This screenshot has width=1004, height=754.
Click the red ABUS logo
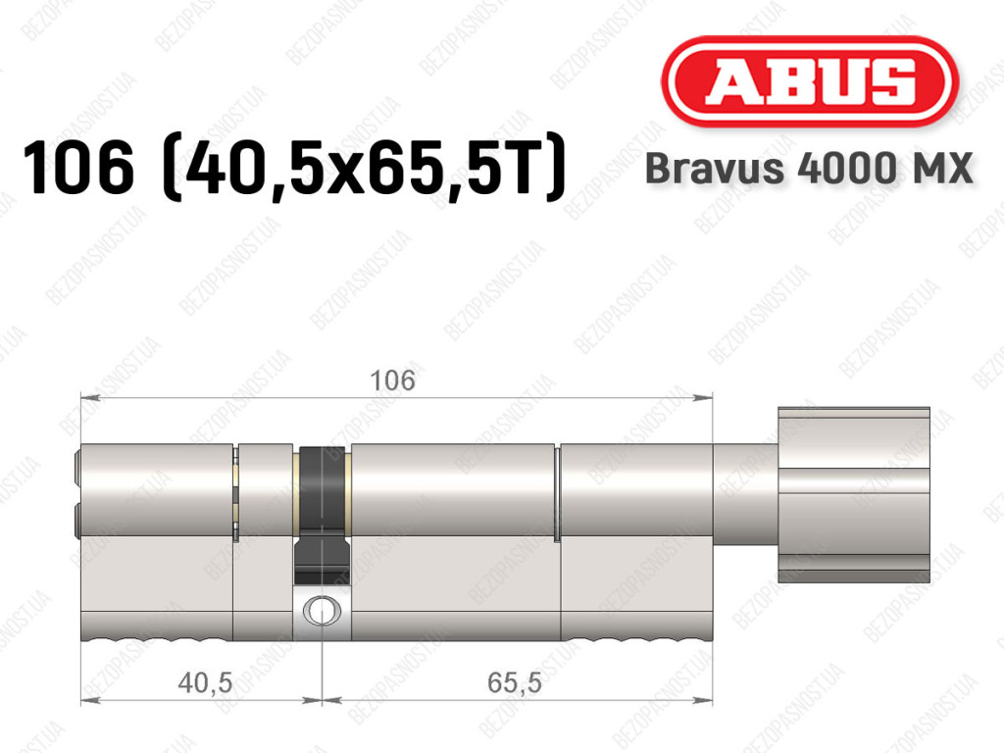pyautogui.click(x=809, y=82)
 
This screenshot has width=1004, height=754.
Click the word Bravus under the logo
pyautogui.click(x=715, y=169)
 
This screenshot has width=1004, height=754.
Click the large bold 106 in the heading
pyautogui.click(x=78, y=168)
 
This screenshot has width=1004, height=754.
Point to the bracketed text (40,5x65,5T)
pyautogui.click(x=365, y=168)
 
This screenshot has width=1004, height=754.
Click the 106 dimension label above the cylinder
pyautogui.click(x=392, y=380)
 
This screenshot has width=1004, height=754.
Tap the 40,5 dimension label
pyautogui.click(x=205, y=682)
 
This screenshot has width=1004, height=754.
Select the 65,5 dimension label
pyautogui.click(x=514, y=682)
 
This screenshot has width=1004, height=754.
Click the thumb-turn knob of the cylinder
pyautogui.click(x=854, y=495)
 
